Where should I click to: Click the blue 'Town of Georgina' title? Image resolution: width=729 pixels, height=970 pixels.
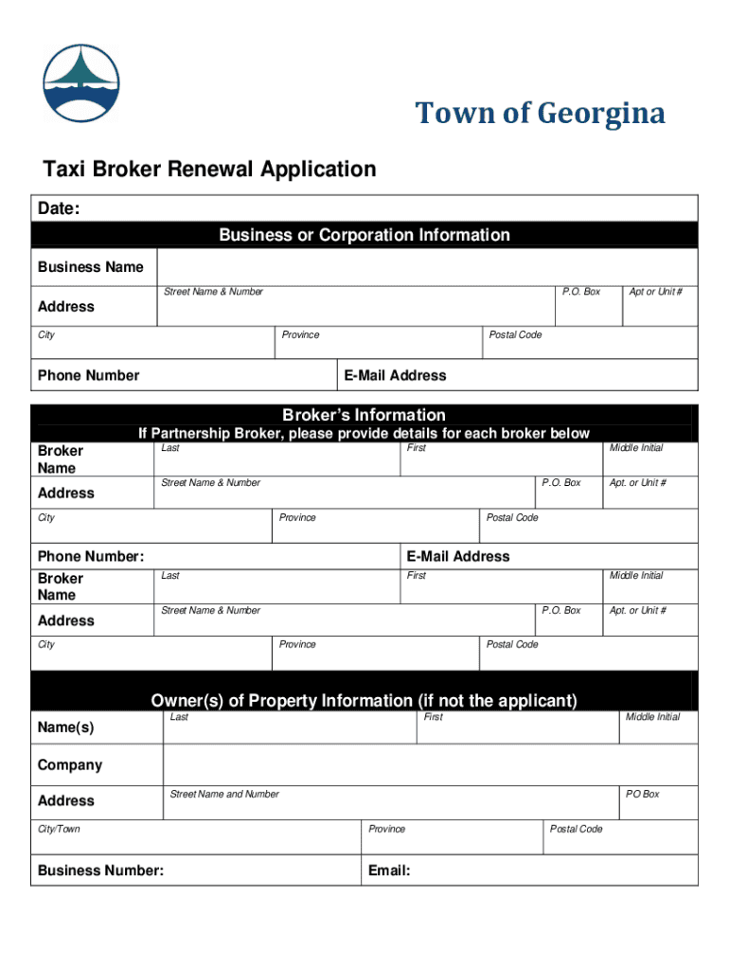[541, 115]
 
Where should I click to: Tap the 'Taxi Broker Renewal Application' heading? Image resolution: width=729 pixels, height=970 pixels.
[209, 170]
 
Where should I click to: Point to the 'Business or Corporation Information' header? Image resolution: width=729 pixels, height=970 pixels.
[364, 235]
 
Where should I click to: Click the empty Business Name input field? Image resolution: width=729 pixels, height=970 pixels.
[426, 267]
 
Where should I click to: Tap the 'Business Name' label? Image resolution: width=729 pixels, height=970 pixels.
[91, 267]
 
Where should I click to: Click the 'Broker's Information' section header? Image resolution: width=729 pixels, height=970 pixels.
[364, 415]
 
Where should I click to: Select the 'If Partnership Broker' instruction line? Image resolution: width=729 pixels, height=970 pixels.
[364, 434]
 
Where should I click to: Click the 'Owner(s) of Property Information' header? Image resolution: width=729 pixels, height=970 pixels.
[364, 701]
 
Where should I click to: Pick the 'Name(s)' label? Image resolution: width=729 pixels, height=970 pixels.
[66, 727]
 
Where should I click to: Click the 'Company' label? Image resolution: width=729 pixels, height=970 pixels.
[70, 765]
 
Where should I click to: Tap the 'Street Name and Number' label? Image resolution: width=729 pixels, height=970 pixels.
[224, 794]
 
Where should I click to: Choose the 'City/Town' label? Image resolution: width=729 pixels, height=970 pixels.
[59, 829]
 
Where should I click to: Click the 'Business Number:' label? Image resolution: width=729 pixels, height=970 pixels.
[100, 871]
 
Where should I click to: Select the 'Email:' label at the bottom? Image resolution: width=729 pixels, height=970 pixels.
[389, 871]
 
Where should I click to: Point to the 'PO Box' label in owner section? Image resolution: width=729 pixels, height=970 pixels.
[642, 794]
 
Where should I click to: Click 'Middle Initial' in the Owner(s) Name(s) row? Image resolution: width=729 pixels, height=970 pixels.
[652, 717]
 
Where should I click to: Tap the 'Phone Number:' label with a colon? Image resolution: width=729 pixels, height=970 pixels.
[91, 556]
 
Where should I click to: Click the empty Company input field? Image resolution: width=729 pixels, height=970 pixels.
[431, 765]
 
